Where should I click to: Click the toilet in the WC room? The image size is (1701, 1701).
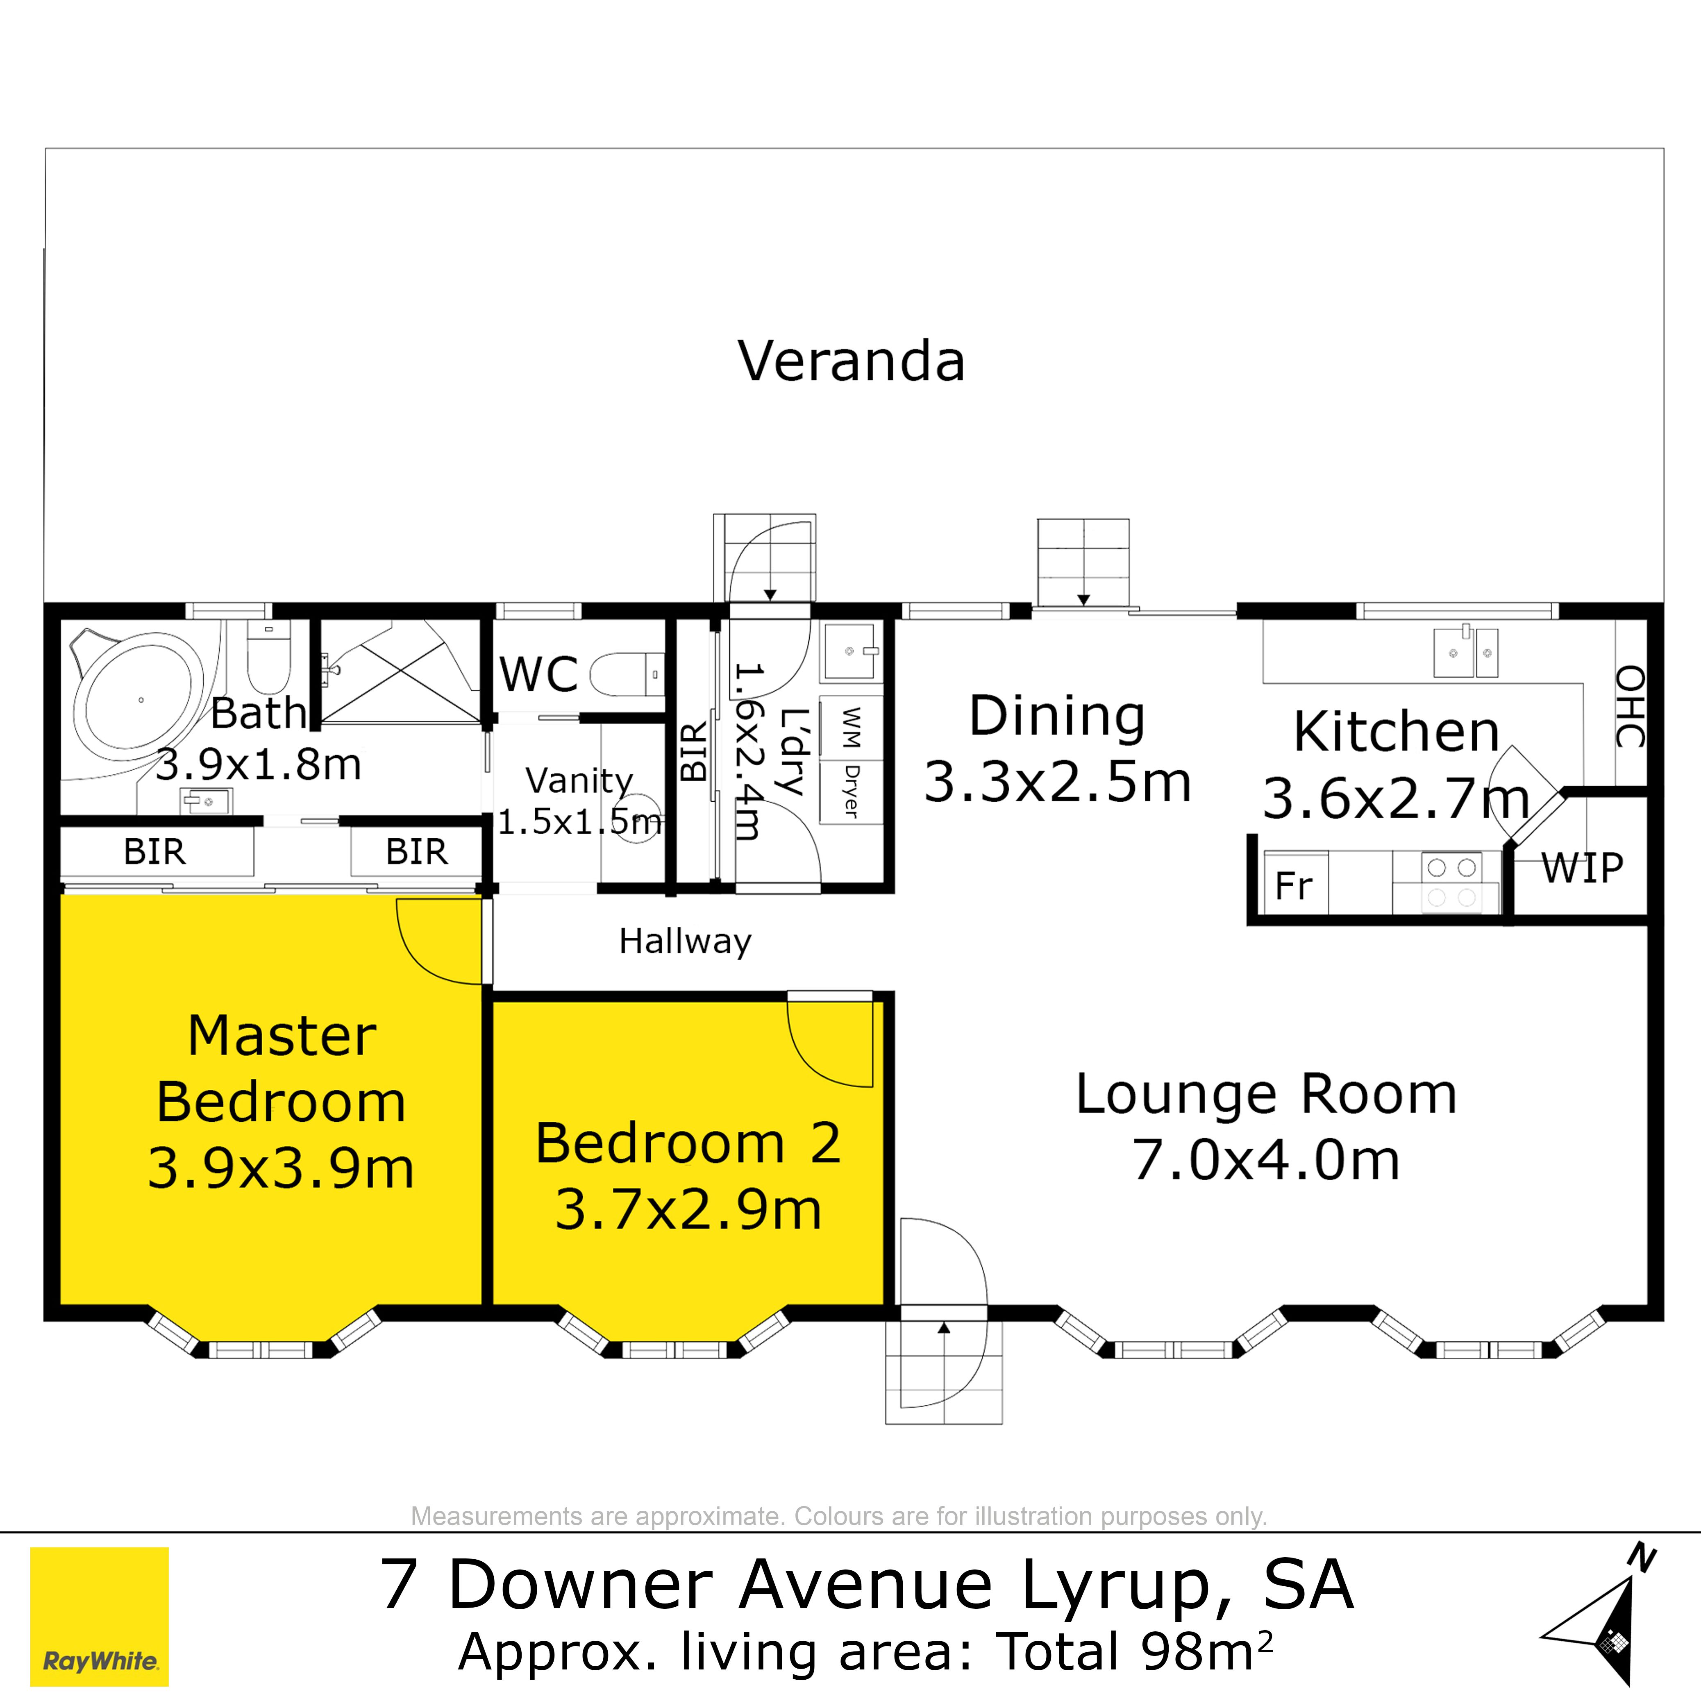(625, 674)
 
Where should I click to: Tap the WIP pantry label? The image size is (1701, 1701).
(1582, 868)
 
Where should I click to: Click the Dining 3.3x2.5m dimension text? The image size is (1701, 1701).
(1057, 782)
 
